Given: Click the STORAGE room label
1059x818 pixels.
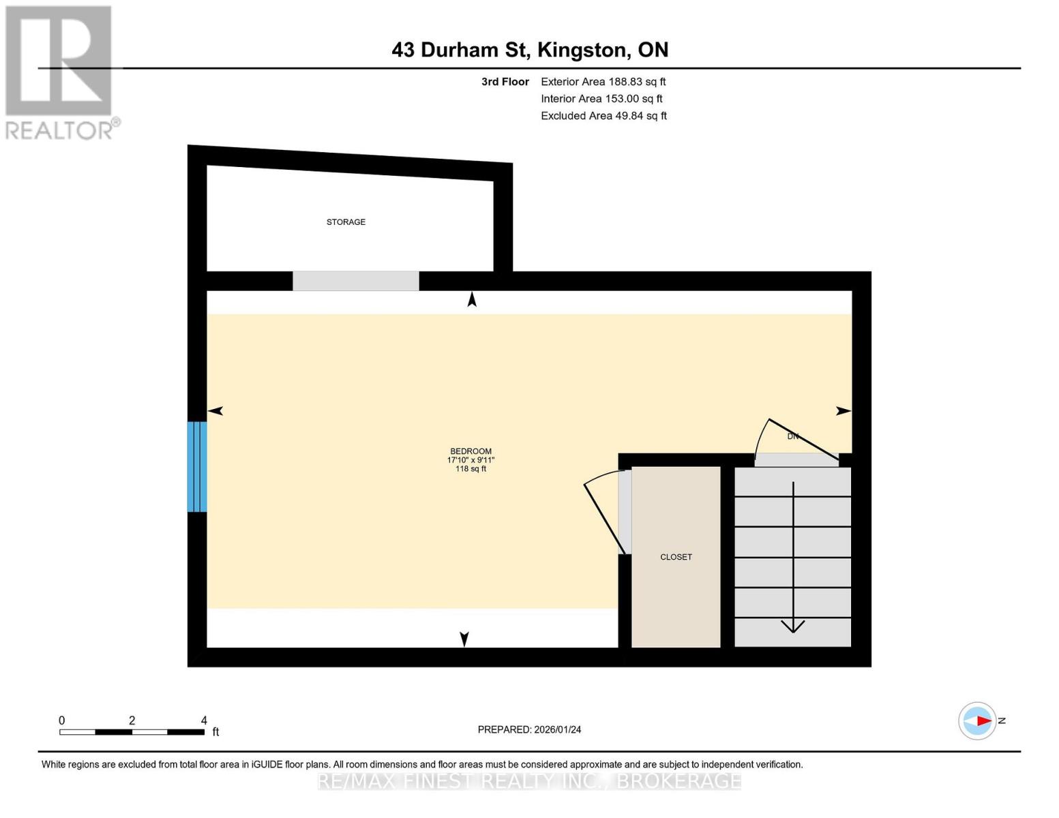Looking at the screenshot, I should coord(346,222).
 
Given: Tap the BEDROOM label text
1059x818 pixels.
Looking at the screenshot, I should coord(471,451).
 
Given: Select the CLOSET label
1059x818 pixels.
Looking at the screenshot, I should coord(676,557).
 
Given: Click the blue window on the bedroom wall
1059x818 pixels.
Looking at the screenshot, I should coord(197,467).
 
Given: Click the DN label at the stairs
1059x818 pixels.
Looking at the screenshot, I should coord(792,436).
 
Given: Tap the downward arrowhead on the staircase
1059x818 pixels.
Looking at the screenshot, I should coord(792,625).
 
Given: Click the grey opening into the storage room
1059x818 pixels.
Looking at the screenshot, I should coord(355,281).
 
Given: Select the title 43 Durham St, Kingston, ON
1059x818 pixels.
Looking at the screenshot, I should coord(530,50).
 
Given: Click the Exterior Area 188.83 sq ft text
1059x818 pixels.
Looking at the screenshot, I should coord(603,82).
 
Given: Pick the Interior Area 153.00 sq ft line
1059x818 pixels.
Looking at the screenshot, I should coord(601,99).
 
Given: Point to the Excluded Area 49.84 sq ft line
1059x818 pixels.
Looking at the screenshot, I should coord(603,116).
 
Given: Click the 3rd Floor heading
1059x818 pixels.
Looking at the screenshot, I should coord(505,82).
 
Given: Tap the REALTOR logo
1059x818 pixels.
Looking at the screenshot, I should coord(60,72).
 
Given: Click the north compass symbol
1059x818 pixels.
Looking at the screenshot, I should coord(978,721).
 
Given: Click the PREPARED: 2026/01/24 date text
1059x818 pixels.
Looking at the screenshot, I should coord(529,729).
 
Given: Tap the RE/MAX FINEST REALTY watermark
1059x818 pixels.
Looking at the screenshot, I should coord(529,781).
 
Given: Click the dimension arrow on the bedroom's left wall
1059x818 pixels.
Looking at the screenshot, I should coord(215,411).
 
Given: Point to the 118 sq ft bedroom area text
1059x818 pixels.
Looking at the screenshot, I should coord(471,469).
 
